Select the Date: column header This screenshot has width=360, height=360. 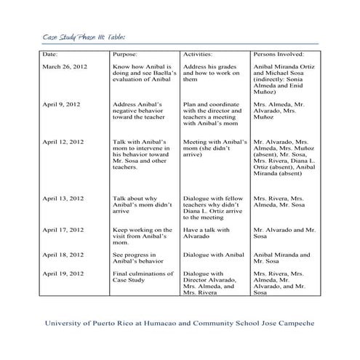(x=51, y=55)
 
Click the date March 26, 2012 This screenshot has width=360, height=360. (x=65, y=67)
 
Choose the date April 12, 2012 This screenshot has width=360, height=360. (x=63, y=142)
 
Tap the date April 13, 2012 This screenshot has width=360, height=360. (x=63, y=198)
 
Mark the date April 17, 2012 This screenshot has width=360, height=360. (x=63, y=230)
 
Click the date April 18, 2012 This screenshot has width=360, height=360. (x=63, y=255)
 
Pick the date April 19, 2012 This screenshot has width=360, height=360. (x=63, y=273)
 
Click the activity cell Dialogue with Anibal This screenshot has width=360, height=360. (x=210, y=255)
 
